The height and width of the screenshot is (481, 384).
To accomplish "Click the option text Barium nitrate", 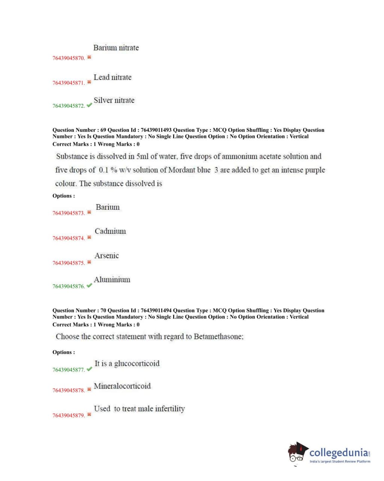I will (x=116, y=48).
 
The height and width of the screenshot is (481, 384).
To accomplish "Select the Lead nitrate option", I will (x=112, y=78).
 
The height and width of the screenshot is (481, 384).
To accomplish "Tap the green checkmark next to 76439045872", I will (x=89, y=105).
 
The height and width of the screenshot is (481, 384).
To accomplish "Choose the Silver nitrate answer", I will (x=114, y=100).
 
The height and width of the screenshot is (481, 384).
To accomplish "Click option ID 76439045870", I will (x=69, y=58).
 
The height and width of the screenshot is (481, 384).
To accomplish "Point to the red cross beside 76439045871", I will (x=89, y=82).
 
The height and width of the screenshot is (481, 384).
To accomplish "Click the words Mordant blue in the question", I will (x=189, y=170).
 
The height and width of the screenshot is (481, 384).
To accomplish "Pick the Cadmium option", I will (x=110, y=231).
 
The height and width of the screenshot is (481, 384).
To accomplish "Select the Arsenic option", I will (x=106, y=256).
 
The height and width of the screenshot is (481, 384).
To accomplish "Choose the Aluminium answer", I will (x=112, y=280).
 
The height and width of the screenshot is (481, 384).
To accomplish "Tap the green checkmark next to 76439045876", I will (x=89, y=286).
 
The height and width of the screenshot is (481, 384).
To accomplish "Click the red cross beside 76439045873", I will (x=89, y=212).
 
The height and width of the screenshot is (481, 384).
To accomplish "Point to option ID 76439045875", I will (x=69, y=263).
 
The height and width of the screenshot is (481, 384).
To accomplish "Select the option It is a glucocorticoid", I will (x=127, y=363).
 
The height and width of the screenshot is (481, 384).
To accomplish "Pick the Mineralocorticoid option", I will (x=122, y=386).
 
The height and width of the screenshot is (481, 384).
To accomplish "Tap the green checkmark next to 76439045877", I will (x=89, y=369).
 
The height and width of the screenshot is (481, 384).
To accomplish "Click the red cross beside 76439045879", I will (x=89, y=415).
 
